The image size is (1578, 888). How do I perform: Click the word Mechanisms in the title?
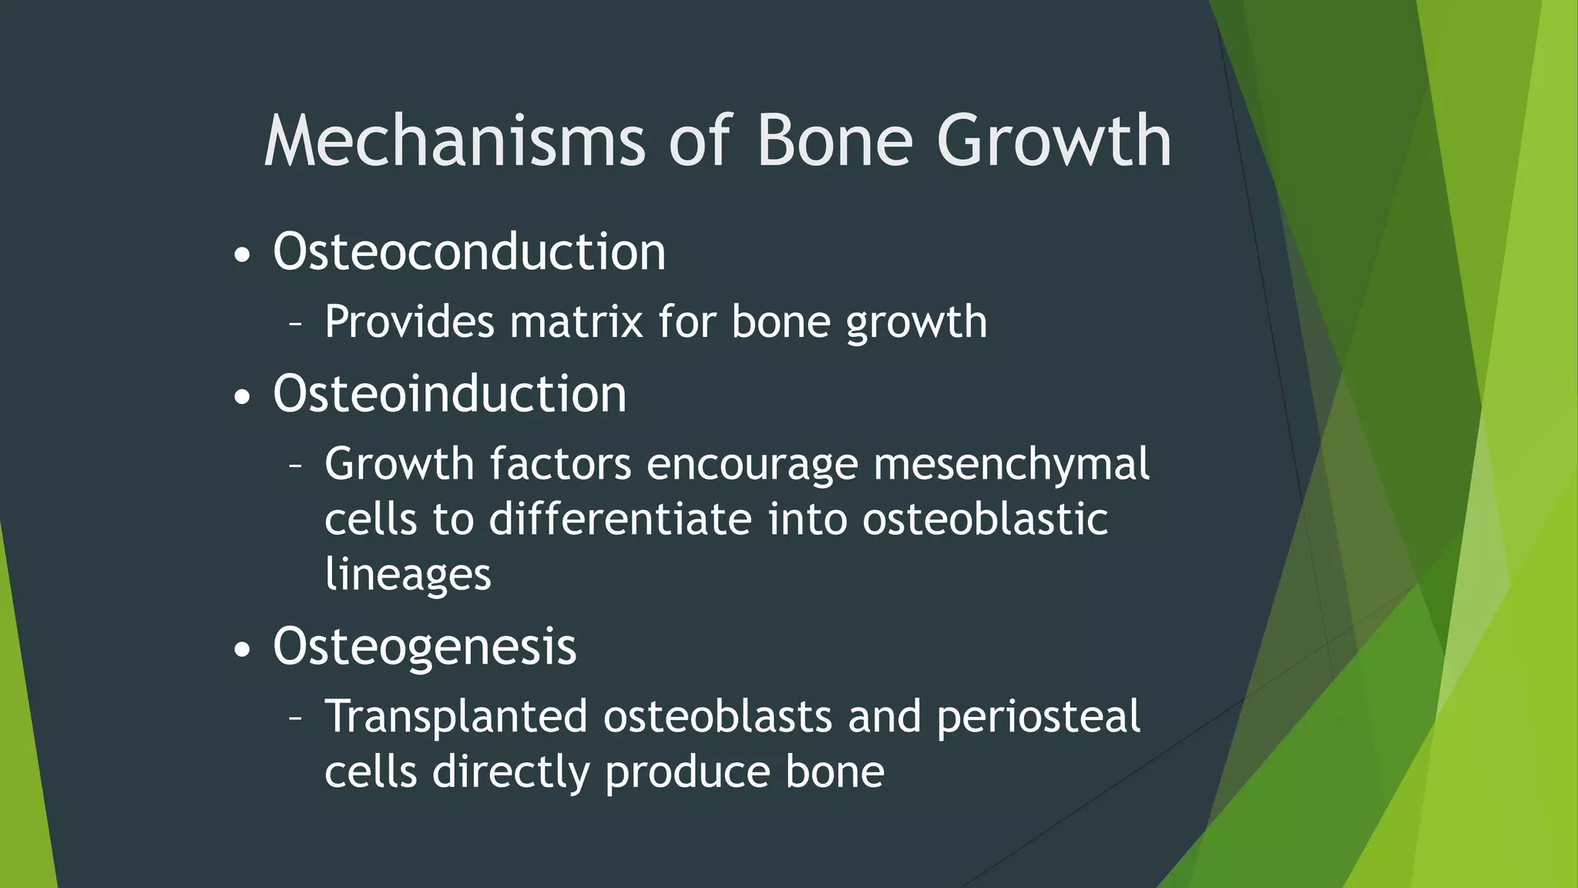tap(455, 141)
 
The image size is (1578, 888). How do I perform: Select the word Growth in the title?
tap(1053, 141)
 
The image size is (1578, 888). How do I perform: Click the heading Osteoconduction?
tap(468, 252)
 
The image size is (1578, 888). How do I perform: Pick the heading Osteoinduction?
tap(449, 394)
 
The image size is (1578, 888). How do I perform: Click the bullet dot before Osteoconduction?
tap(242, 256)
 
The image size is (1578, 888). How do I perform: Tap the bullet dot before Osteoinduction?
tap(242, 398)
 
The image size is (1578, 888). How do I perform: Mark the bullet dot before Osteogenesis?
tap(242, 650)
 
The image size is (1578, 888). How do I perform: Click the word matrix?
tap(576, 322)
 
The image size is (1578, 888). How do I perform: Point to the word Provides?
tap(409, 322)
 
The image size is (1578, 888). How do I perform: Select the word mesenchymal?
tap(1011, 465)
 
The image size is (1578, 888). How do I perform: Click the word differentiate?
tap(619, 520)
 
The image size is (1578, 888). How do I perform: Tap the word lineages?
tap(408, 575)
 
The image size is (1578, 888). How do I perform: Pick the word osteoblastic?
tap(985, 520)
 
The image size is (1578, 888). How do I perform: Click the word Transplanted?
tap(456, 717)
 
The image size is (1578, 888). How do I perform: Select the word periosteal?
tap(1038, 717)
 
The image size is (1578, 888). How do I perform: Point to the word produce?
tap(687, 772)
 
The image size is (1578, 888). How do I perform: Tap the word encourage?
tap(752, 465)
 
